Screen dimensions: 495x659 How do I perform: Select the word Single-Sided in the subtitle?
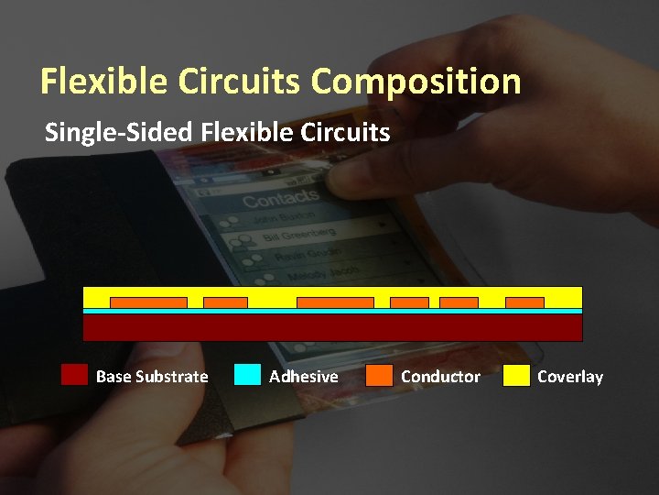click(x=118, y=133)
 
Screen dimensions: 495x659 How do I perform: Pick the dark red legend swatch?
click(x=74, y=376)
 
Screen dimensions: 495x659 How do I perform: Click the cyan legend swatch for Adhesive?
click(x=247, y=376)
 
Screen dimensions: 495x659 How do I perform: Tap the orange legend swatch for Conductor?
click(x=379, y=376)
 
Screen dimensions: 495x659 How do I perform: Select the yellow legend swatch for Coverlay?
click(x=516, y=376)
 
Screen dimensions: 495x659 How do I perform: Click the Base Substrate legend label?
click(x=152, y=377)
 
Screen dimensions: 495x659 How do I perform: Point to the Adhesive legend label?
click(x=303, y=377)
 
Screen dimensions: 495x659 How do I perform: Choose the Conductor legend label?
click(x=440, y=377)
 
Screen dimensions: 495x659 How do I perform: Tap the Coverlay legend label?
click(x=570, y=377)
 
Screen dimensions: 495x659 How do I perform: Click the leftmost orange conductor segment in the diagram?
click(x=148, y=302)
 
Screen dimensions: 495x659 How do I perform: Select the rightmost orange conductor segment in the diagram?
click(x=524, y=302)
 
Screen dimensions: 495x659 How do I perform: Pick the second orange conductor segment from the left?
click(x=225, y=302)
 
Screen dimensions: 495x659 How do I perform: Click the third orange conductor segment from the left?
click(x=335, y=302)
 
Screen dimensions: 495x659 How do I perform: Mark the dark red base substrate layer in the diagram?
click(x=332, y=327)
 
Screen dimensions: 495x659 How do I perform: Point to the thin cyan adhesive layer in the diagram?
click(x=332, y=311)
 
